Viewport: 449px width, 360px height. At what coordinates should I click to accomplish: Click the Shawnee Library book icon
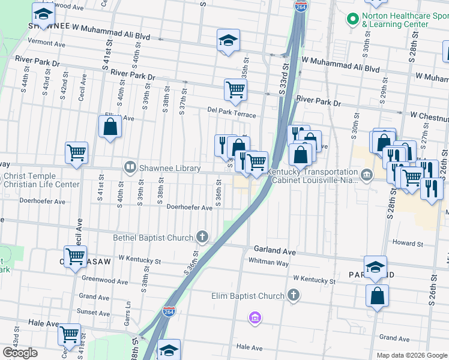(x=129, y=167)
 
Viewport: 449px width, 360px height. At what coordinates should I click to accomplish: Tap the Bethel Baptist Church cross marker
(x=203, y=238)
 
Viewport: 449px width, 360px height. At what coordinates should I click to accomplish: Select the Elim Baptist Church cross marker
(x=293, y=295)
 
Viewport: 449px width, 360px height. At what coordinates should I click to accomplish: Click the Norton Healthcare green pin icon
(x=352, y=19)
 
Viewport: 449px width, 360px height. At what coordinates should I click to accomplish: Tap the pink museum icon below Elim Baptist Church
(x=255, y=316)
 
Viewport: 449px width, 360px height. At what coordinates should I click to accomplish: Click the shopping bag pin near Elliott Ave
(x=110, y=127)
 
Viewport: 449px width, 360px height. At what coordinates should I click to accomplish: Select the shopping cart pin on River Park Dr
(x=235, y=90)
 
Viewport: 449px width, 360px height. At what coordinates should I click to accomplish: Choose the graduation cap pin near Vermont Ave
(x=228, y=41)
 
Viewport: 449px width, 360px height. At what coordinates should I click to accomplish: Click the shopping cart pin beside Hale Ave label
(x=70, y=334)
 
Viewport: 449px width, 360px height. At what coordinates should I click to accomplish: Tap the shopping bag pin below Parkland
(x=376, y=296)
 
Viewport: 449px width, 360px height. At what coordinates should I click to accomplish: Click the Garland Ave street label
(x=275, y=249)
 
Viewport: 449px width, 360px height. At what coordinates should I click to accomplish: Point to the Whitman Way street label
(x=270, y=262)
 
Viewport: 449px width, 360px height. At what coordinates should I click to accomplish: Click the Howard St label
(x=408, y=243)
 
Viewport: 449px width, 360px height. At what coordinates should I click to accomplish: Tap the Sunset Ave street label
(x=93, y=313)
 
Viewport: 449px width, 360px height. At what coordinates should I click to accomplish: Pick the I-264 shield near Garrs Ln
(x=169, y=311)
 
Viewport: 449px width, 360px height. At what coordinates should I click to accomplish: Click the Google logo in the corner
(x=20, y=353)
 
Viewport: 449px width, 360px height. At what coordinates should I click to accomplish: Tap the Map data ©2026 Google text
(x=411, y=355)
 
